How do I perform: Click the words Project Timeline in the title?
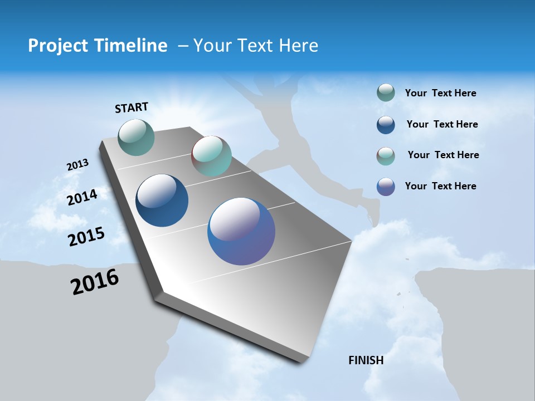pos(98,46)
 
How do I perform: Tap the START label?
pos(132,107)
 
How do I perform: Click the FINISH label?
pos(366,360)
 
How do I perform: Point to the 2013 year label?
pos(77,165)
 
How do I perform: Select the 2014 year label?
pos(82,197)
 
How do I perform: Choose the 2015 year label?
pos(86,237)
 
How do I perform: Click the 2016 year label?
pos(95,282)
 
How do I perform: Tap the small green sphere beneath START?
pos(137,137)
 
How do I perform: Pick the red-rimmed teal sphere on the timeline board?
pos(211,155)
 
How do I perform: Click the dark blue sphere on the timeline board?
pos(162,200)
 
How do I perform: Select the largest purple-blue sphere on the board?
pos(241,231)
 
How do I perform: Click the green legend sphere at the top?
pos(386,93)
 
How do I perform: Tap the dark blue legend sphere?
pos(386,124)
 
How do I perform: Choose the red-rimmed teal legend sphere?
pos(386,155)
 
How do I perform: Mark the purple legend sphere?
pos(386,187)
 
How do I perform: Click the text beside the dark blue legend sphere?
pos(442,124)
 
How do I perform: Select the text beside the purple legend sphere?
pos(440,186)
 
